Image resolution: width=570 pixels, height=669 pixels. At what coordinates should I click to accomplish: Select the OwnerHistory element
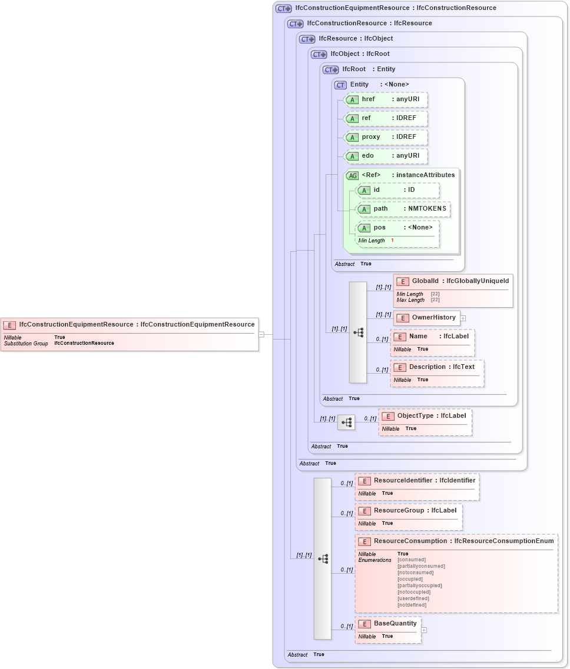[427, 318]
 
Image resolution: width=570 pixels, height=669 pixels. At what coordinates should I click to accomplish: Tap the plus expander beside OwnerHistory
[463, 318]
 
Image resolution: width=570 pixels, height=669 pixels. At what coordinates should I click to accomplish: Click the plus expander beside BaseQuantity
[424, 630]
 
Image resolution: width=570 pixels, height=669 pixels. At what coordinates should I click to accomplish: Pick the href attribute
[386, 99]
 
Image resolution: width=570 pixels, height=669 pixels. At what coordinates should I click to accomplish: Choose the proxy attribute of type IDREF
[386, 137]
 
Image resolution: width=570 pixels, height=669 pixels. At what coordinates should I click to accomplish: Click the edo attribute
[386, 156]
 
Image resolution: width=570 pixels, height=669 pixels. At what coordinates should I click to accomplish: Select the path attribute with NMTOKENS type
[403, 209]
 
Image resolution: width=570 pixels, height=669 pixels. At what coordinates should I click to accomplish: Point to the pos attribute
[397, 228]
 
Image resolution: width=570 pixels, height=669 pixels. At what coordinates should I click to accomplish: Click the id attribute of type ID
[397, 190]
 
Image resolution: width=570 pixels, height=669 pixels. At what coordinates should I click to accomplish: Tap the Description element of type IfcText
[437, 367]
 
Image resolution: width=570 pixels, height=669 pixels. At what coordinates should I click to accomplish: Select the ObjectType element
[425, 416]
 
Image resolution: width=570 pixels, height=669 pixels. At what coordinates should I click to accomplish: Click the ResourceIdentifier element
[417, 481]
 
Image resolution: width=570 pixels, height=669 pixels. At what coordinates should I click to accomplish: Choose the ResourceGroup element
[409, 511]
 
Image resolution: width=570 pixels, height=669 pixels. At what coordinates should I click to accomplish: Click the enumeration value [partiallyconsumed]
[421, 566]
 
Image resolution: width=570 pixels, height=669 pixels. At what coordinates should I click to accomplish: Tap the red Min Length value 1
[392, 241]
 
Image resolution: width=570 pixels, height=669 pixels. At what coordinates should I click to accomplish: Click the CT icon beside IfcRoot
[330, 69]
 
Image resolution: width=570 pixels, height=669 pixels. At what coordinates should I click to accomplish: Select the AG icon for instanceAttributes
[352, 175]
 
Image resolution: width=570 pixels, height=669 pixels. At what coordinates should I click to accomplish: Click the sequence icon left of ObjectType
[346, 422]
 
